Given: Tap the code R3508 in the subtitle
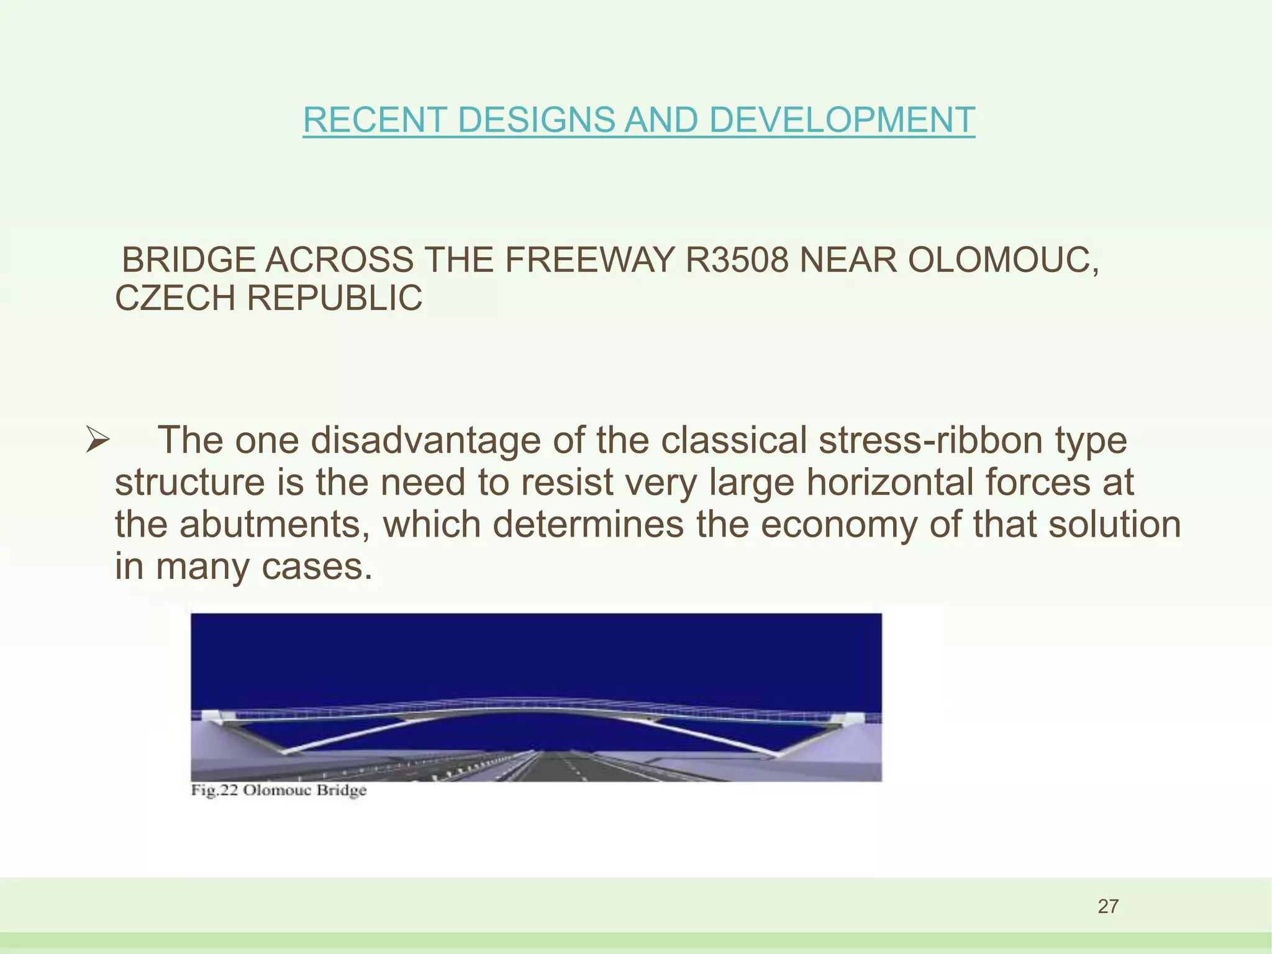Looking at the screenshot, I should coord(737,260).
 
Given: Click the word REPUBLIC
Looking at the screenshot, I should coord(335,298).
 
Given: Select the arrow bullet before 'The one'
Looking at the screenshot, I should coord(98,441).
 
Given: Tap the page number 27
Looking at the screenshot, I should coord(1108,906).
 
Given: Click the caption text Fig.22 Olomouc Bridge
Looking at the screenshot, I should coord(278,791).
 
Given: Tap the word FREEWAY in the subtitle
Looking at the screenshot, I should coord(589,260).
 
